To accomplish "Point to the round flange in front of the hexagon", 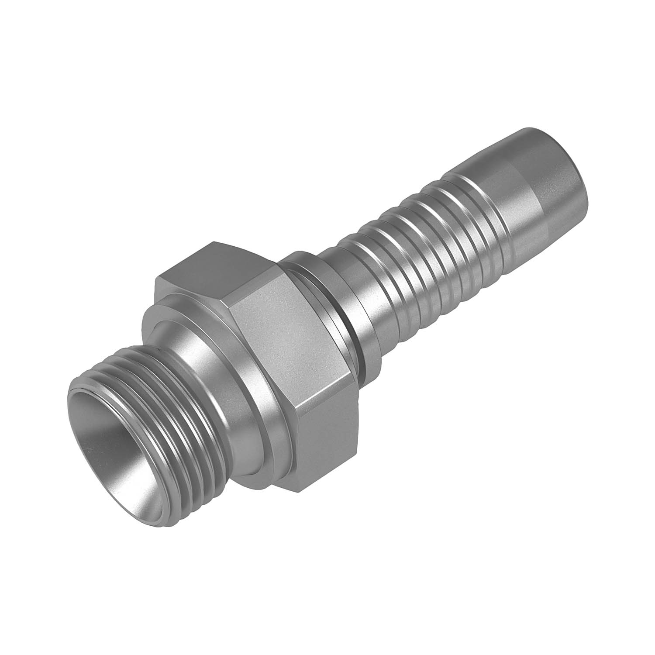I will point(245,384).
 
